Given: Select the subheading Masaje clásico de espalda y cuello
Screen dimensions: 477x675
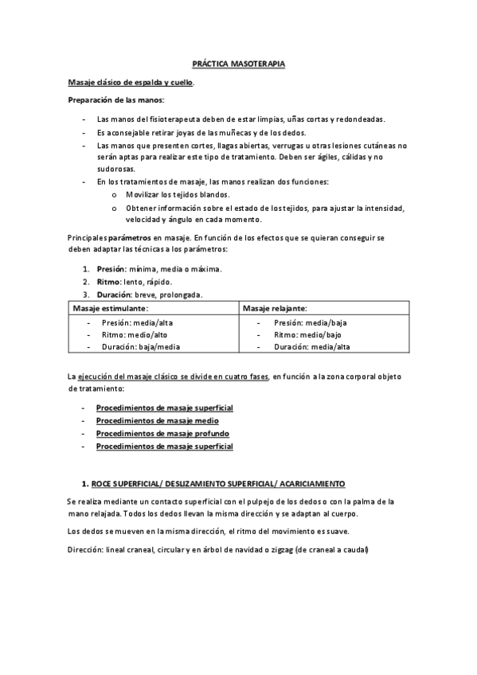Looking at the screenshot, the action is [x=130, y=82].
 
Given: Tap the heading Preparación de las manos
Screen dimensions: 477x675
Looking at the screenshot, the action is [x=115, y=99].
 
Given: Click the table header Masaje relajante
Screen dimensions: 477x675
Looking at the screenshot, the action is [x=275, y=308].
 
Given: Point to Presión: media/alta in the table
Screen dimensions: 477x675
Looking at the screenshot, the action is [x=136, y=322].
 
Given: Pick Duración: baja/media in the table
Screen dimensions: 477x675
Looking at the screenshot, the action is [x=141, y=347].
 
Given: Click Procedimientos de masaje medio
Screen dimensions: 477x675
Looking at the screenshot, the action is [x=158, y=420].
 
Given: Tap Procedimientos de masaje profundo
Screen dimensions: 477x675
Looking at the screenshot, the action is [x=163, y=434].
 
